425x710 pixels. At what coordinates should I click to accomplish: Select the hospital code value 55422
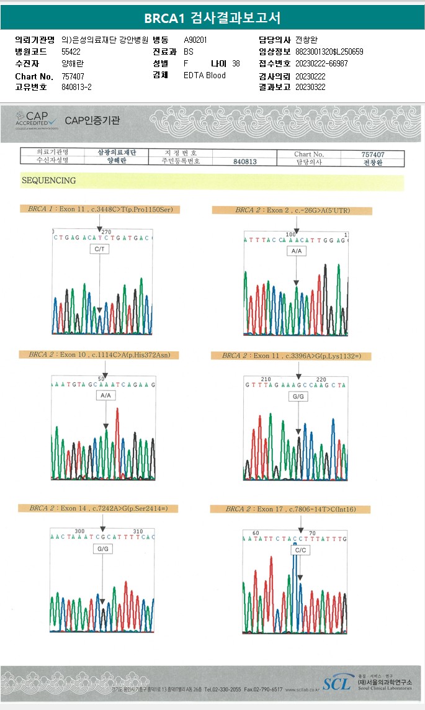[71, 52]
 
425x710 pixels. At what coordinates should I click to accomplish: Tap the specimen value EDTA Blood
[205, 76]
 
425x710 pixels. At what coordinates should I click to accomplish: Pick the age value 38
[236, 64]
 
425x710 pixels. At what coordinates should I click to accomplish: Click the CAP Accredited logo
[37, 119]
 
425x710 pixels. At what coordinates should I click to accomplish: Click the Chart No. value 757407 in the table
[373, 154]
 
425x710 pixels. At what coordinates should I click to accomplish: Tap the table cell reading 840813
[245, 161]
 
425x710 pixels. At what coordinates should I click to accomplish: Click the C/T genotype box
[99, 249]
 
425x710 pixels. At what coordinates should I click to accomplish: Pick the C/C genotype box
[300, 550]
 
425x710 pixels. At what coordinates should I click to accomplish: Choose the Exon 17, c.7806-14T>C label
[290, 509]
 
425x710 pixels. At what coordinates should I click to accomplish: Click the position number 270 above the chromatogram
[106, 231]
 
